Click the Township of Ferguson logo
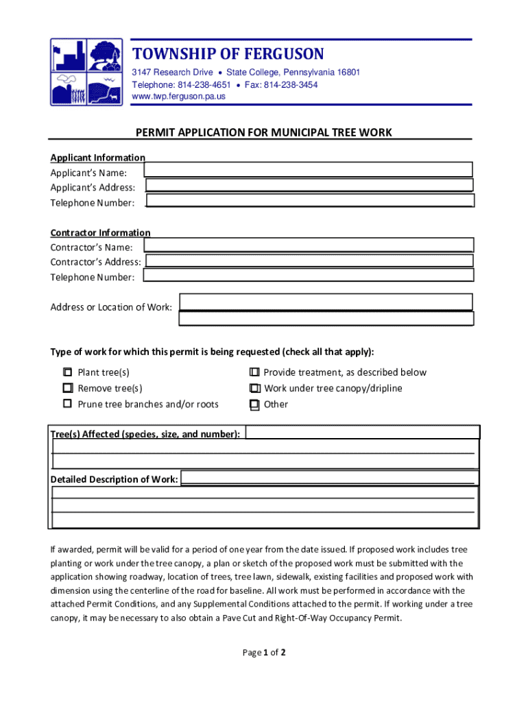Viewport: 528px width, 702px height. tap(86, 71)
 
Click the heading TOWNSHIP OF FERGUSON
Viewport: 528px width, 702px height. tap(228, 54)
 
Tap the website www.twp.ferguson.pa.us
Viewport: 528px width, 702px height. tap(178, 97)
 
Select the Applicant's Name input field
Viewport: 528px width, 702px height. tap(309, 170)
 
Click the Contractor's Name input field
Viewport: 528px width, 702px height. tap(309, 245)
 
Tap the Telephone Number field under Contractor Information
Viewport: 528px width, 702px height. tap(309, 276)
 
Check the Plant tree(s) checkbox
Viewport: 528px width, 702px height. tap(67, 372)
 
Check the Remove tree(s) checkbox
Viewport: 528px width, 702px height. tap(67, 388)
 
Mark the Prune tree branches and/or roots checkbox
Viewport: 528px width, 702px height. tap(67, 404)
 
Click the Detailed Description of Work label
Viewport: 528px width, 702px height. tap(115, 479)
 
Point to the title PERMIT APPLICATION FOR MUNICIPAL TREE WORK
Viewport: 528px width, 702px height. tap(263, 132)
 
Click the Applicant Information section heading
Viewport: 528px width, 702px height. tap(97, 158)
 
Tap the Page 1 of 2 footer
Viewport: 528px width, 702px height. tap(264, 653)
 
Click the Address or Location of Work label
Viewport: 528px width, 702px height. tap(111, 307)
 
